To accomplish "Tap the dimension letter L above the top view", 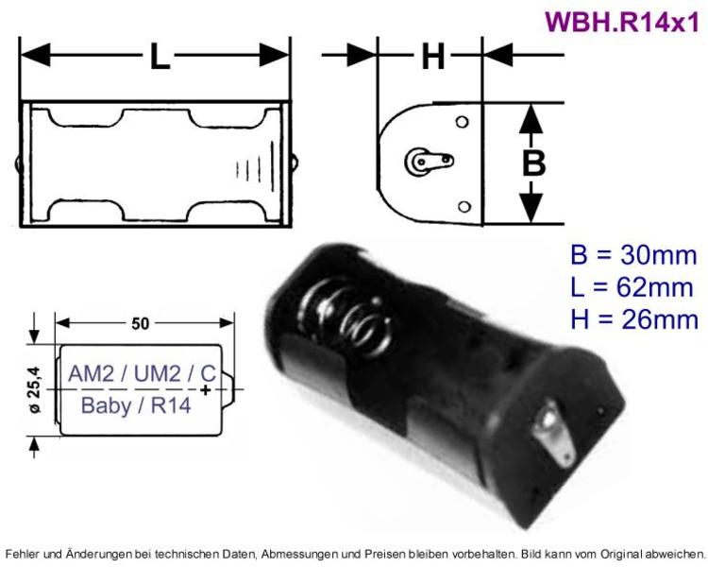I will pos(159,59).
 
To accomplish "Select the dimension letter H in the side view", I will pos(431,58).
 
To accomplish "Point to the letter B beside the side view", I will pos(534,163).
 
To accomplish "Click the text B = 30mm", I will pos(633,254).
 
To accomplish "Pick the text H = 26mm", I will pos(633,319).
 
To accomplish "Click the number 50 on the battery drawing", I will pos(140,324).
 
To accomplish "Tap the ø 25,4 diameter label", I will pos(35,388).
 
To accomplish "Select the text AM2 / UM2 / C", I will pos(141,372).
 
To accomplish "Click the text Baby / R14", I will pos(137,407).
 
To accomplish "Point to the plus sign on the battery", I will pos(207,389).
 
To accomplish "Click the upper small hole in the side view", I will pos(462,123).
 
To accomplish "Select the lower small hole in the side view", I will pos(462,207).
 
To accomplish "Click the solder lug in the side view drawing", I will pos(424,163).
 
